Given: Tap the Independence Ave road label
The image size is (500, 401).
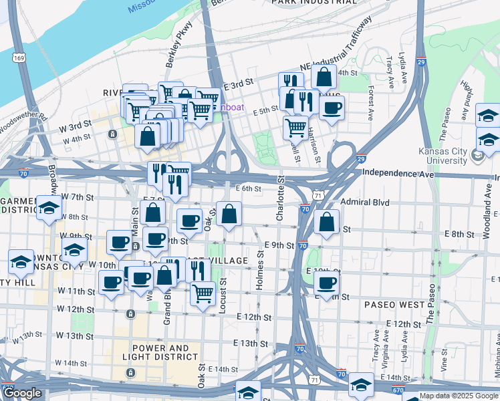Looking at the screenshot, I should [x=398, y=173].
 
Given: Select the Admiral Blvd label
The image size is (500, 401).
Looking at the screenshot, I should [x=364, y=202].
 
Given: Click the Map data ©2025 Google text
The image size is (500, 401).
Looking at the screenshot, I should [x=459, y=396].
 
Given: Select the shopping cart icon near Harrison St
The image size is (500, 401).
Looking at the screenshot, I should [x=295, y=126].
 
